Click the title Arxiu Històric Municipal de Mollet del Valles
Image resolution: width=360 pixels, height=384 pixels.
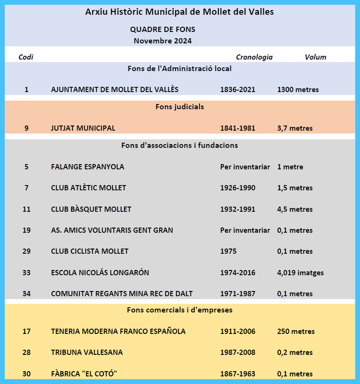[x=179, y=11]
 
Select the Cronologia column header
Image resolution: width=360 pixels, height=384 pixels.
[x=254, y=57]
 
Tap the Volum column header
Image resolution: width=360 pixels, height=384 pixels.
[x=315, y=57]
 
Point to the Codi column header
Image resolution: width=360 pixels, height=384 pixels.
[x=26, y=57]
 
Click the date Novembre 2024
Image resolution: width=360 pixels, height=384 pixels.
[x=162, y=41]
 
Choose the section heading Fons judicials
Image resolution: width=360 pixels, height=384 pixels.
[x=179, y=106]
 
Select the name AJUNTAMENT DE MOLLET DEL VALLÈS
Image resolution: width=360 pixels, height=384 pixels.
[x=114, y=89]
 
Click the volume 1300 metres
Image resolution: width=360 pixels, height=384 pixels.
[x=298, y=89]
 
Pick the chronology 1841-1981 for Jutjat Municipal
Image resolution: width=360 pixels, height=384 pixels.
[x=237, y=128]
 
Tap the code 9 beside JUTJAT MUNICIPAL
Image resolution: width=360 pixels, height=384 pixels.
[x=26, y=128]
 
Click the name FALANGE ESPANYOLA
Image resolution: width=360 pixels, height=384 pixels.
[x=87, y=166]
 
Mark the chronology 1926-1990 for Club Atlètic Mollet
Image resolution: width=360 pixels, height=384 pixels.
[x=237, y=188]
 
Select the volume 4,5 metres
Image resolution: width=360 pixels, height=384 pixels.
[x=295, y=209]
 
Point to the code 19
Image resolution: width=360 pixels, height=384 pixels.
[x=26, y=230]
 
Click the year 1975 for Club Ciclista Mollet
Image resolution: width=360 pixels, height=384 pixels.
[x=228, y=251]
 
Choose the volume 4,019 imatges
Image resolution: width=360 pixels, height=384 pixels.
[x=300, y=272]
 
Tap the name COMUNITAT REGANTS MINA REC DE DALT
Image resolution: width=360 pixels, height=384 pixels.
[x=121, y=293]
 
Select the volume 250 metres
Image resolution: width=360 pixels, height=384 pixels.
[x=296, y=331]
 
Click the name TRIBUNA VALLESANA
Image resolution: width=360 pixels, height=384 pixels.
[x=87, y=352]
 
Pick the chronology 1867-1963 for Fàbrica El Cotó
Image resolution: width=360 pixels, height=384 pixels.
[x=237, y=373]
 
